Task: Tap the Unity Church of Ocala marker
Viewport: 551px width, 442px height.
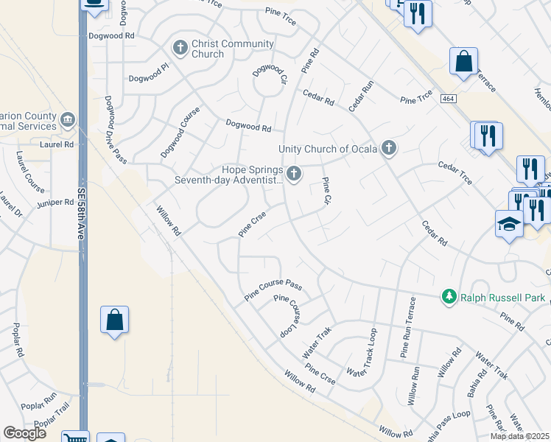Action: [x=389, y=149]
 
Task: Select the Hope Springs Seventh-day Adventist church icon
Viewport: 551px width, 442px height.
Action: [x=294, y=174]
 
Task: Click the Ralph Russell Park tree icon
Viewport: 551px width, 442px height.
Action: [x=449, y=297]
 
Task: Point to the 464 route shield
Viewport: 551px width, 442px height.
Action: [x=448, y=99]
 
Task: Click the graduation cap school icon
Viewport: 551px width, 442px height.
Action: [x=508, y=223]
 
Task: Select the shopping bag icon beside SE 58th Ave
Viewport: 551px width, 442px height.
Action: [x=114, y=320]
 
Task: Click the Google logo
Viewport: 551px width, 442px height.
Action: [x=24, y=433]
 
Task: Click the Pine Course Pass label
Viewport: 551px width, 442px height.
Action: [x=273, y=290]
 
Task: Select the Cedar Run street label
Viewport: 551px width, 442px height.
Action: [x=362, y=96]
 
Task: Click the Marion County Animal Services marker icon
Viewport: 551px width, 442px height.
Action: [x=68, y=119]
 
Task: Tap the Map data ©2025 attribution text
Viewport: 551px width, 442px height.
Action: [x=520, y=436]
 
